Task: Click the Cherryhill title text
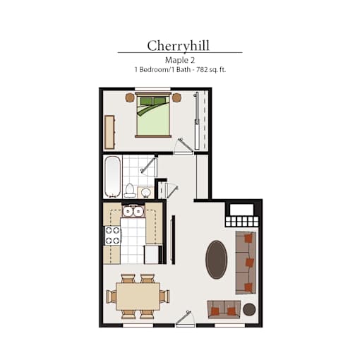pyautogui.click(x=178, y=46)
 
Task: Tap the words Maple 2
pyautogui.click(x=180, y=60)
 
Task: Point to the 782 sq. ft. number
pyautogui.click(x=211, y=70)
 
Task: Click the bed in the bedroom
pyautogui.click(x=153, y=115)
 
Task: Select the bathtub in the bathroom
pyautogui.click(x=113, y=176)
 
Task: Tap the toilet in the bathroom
pyautogui.click(x=130, y=191)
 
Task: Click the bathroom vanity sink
pyautogui.click(x=145, y=193)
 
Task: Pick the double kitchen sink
pyautogui.click(x=133, y=211)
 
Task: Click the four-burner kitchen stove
pyautogui.click(x=113, y=236)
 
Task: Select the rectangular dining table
pyautogui.click(x=138, y=296)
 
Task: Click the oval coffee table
pyautogui.click(x=217, y=260)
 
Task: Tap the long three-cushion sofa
pyautogui.click(x=246, y=263)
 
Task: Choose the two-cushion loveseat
pyautogui.click(x=224, y=309)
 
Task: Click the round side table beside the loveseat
pyautogui.click(x=249, y=309)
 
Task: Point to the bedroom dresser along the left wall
pyautogui.click(x=109, y=132)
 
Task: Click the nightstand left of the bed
pyautogui.click(x=130, y=97)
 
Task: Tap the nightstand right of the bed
pyautogui.click(x=176, y=97)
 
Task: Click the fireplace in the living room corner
pyautogui.click(x=242, y=214)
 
